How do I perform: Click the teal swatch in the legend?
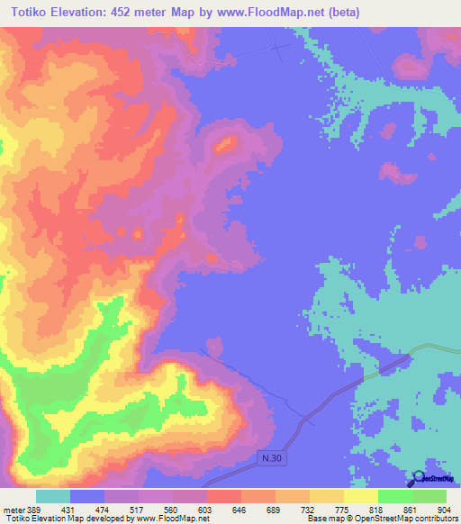click(52, 497)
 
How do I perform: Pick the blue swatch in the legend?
click(86, 497)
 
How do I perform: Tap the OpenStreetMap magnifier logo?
click(419, 479)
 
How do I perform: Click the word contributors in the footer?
click(437, 519)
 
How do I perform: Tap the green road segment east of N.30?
click(432, 348)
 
